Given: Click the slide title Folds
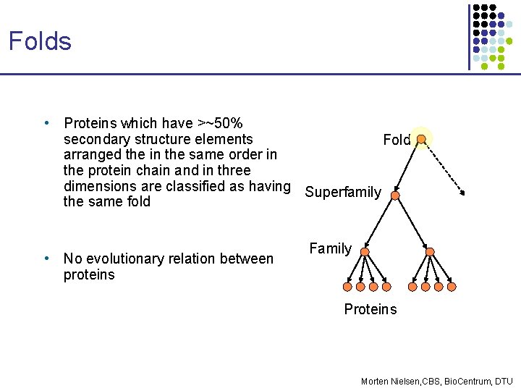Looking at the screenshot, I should [40, 41].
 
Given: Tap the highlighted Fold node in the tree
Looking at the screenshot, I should [421, 138].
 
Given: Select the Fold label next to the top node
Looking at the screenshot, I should [397, 140].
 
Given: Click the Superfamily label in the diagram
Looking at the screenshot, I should [343, 192].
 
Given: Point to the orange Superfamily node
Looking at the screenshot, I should [395, 195].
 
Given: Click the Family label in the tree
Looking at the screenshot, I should [330, 248].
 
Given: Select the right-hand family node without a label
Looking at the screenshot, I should [430, 252].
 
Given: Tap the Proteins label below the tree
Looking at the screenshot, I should [370, 309].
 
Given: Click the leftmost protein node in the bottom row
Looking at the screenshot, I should [349, 287].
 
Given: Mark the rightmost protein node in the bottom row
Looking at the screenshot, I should [452, 287].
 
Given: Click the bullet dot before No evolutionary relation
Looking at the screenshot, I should [46, 258].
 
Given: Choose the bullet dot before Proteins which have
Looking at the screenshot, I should [46, 123].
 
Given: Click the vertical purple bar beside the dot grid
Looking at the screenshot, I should [469, 36].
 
